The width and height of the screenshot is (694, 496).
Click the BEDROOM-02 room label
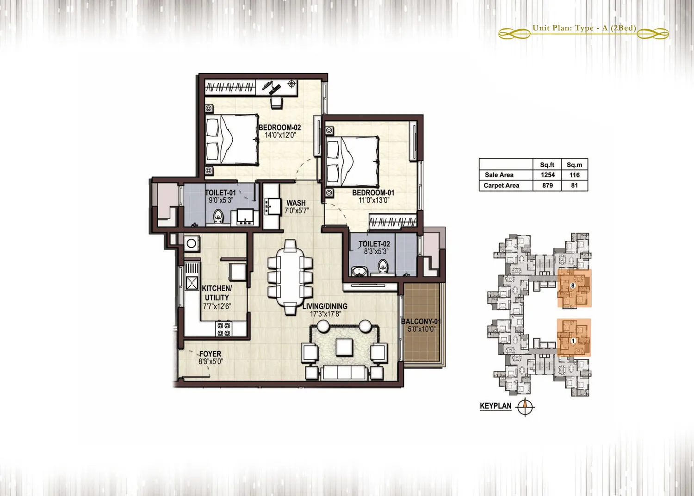pyautogui.click(x=280, y=127)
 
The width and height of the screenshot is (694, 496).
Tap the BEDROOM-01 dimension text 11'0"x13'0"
pyautogui.click(x=373, y=201)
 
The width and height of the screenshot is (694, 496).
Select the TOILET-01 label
pyautogui.click(x=221, y=193)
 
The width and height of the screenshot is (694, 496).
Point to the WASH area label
pyautogui.click(x=296, y=203)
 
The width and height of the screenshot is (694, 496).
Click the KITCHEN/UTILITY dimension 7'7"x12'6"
pyautogui.click(x=217, y=307)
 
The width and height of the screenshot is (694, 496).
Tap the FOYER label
pyautogui.click(x=211, y=354)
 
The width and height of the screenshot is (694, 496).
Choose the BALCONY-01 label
pyautogui.click(x=421, y=321)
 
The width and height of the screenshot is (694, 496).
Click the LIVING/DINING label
pyautogui.click(x=325, y=306)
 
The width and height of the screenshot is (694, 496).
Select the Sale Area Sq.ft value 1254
pyautogui.click(x=548, y=175)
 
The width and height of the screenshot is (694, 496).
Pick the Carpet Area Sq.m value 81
pyautogui.click(x=575, y=186)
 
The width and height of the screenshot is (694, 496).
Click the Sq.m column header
pyautogui.click(x=575, y=165)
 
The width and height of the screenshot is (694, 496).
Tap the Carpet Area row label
pyautogui.click(x=501, y=186)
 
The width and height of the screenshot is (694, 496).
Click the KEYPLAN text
pyautogui.click(x=496, y=406)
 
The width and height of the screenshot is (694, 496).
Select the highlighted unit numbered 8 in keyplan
pyautogui.click(x=575, y=288)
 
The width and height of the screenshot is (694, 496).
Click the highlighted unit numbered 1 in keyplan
pyautogui.click(x=574, y=337)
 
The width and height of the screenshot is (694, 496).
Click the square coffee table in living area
pyautogui.click(x=345, y=347)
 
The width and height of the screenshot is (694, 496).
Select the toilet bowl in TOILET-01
pyautogui.click(x=218, y=216)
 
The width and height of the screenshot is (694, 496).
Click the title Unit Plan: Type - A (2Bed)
pyautogui.click(x=584, y=28)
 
